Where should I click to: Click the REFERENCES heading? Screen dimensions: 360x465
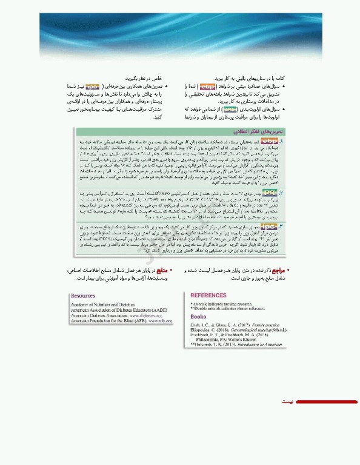pos(209,295)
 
